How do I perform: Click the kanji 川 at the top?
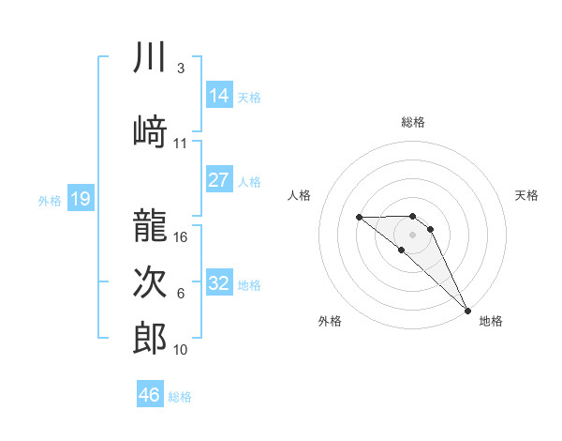point(151,57)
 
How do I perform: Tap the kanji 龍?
point(151,223)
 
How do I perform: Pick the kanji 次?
point(151,281)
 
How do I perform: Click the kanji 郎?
point(151,338)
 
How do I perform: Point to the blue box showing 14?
point(219,96)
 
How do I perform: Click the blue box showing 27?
point(219,180)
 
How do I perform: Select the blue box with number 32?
point(219,283)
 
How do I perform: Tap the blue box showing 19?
point(81,198)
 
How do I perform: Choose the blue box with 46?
point(150,395)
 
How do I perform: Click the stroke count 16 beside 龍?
point(182,236)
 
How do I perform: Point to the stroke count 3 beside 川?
point(180,68)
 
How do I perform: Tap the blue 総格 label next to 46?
point(180,397)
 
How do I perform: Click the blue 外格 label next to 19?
point(49,200)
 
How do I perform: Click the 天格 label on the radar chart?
point(527,195)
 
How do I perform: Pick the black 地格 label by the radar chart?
point(491,321)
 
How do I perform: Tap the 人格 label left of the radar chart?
point(300,195)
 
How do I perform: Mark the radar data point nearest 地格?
point(467,310)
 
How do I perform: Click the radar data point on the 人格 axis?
point(360,218)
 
